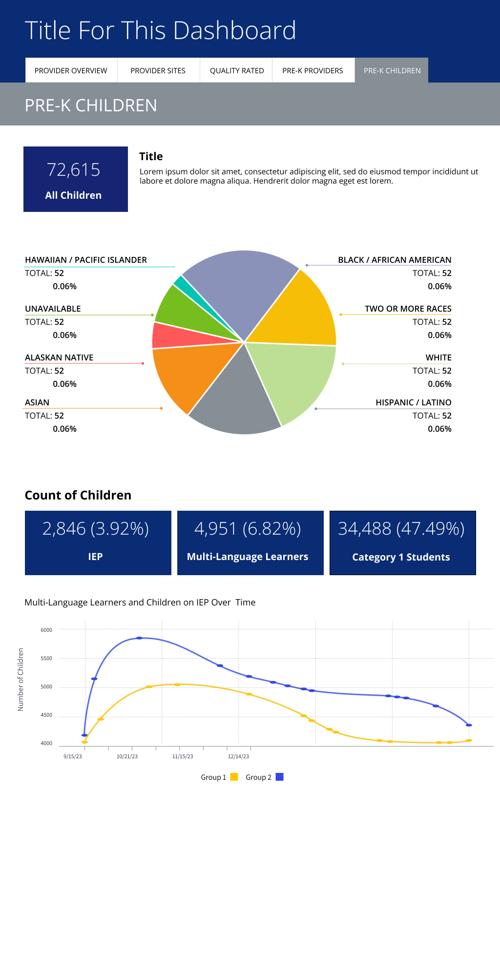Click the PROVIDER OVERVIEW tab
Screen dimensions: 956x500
71,70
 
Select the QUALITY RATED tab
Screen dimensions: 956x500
237,70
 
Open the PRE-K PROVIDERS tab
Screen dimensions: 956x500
312,70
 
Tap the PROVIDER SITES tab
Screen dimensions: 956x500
158,70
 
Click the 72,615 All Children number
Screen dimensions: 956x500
73,170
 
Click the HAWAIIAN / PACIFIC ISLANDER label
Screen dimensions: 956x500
86,260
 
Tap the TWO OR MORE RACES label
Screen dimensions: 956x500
408,309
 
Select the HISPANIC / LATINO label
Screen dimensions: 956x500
413,402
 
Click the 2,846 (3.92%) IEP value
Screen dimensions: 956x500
96,529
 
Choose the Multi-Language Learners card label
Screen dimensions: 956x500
248,557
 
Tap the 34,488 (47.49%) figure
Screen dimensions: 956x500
401,529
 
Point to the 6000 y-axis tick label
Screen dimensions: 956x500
46,630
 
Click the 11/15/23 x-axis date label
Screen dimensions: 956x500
183,756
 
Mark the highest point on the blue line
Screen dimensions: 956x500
139,638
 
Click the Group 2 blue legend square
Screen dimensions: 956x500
279,777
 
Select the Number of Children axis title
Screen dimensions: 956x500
21,679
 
